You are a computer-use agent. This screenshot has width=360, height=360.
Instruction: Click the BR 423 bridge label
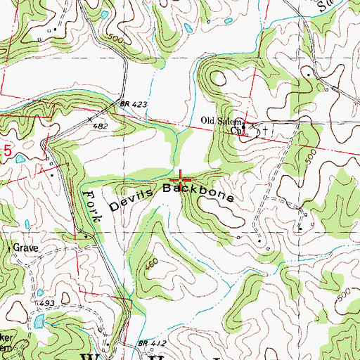134,104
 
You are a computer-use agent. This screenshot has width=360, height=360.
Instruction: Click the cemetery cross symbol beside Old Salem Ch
265,129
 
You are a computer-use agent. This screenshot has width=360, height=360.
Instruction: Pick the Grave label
23,248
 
